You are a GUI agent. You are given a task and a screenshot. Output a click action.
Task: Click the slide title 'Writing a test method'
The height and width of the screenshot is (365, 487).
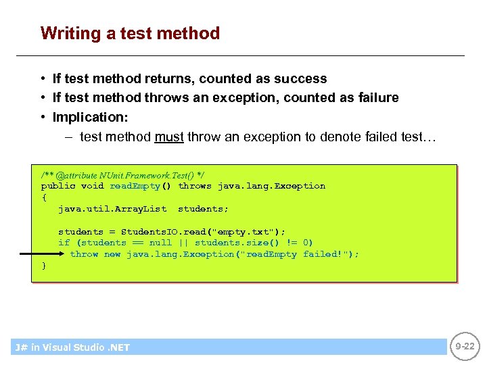coord(130,33)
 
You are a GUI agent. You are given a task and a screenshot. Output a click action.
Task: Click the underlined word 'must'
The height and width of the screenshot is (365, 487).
coord(169,137)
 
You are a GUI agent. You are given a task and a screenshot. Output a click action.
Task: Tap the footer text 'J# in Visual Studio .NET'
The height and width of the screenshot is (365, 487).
coord(72,347)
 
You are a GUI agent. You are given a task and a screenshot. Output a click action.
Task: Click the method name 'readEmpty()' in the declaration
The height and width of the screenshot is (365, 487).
coord(141,186)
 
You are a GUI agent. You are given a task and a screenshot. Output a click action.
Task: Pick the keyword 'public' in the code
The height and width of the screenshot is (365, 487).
coord(58,186)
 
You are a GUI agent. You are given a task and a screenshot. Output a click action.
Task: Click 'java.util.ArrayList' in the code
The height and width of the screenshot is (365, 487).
coord(112,209)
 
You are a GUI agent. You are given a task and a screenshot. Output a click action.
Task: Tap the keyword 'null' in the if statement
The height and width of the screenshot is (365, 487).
coord(160,243)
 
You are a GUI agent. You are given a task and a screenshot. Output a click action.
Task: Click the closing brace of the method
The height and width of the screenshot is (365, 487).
coord(44,266)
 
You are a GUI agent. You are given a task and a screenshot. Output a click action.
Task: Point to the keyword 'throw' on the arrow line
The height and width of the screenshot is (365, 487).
coord(84,254)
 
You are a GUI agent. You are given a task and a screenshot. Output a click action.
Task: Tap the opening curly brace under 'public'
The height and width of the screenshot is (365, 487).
coord(44,197)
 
